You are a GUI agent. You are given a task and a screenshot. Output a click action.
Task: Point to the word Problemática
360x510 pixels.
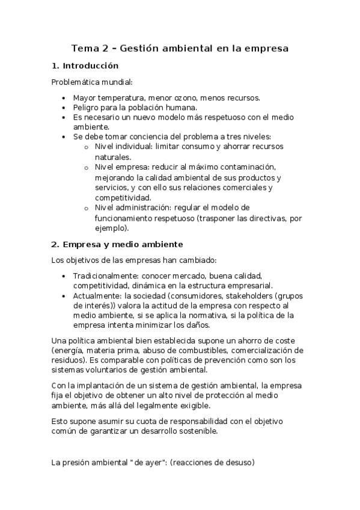[x=76, y=82]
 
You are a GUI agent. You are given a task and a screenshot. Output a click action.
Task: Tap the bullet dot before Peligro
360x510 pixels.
[x=64, y=107]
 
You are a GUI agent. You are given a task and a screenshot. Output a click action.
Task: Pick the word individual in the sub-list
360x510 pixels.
[x=133, y=147]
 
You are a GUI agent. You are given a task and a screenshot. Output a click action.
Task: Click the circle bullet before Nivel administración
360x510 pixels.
[x=87, y=208]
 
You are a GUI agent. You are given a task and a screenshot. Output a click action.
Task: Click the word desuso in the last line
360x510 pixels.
[x=238, y=462]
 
